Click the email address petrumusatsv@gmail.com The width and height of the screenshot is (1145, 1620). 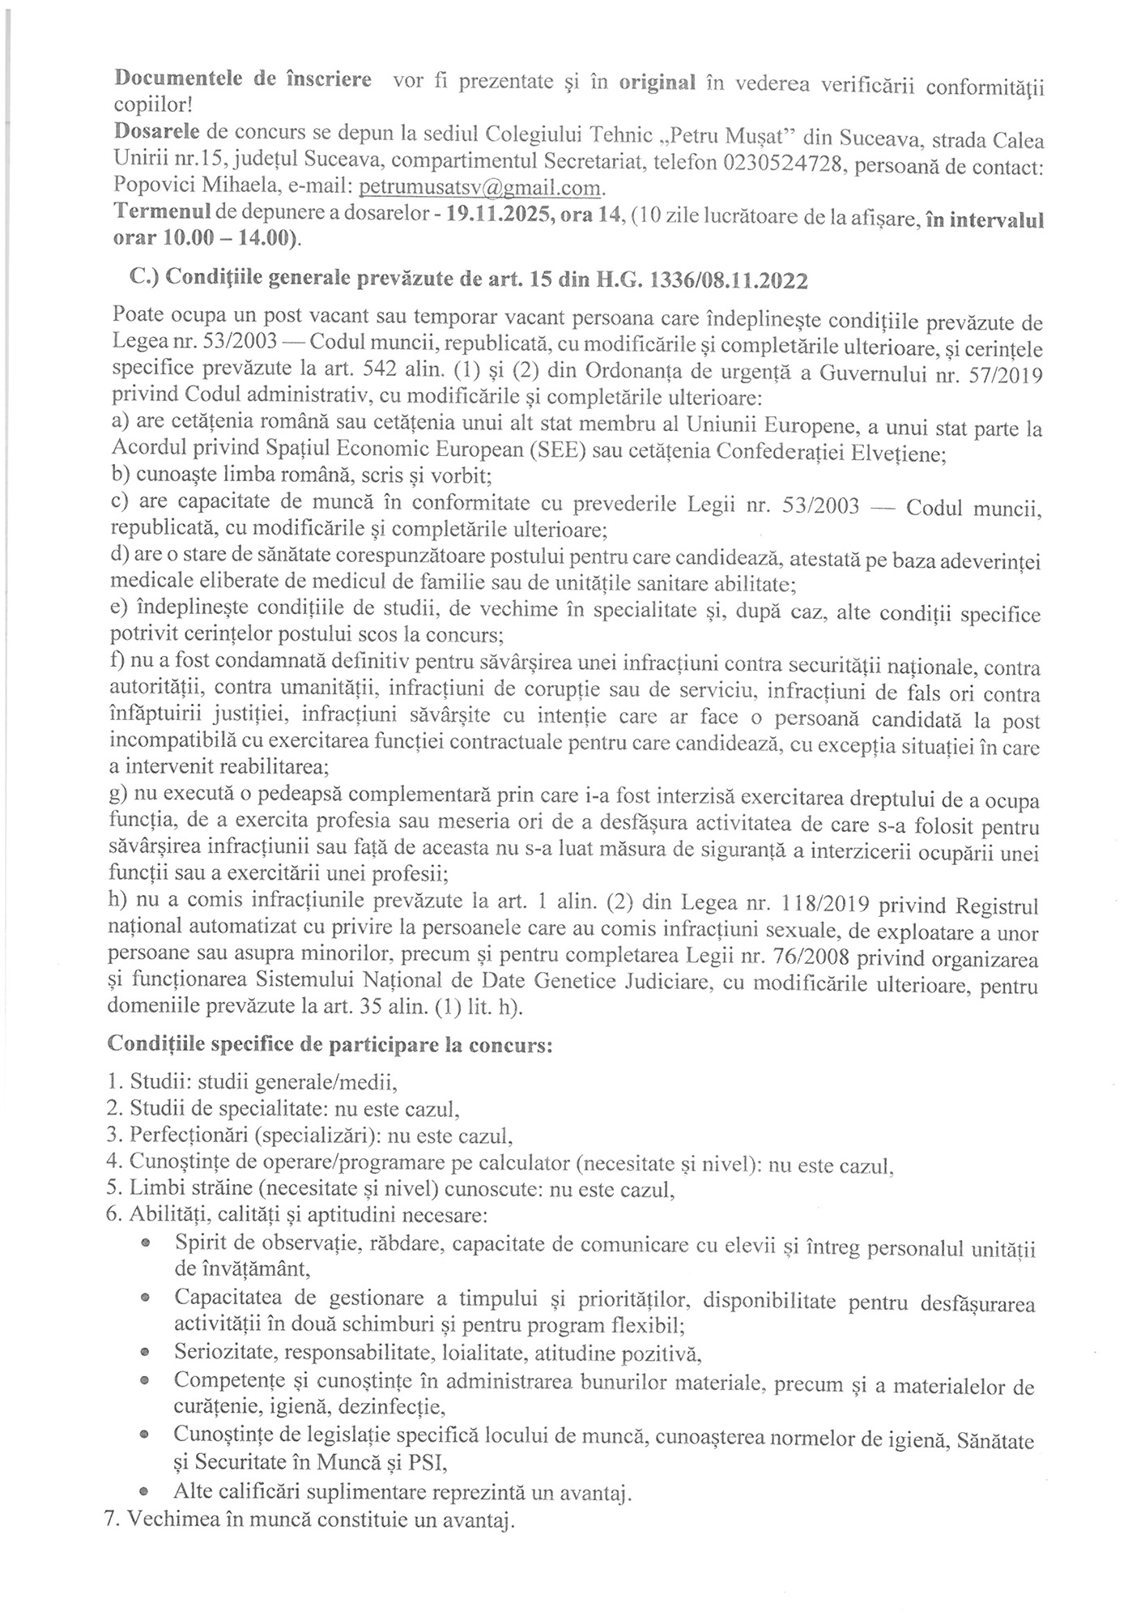tap(481, 187)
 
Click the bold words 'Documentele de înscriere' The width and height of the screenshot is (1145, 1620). tap(243, 81)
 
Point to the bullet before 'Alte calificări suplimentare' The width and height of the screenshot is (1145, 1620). tap(144, 1489)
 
